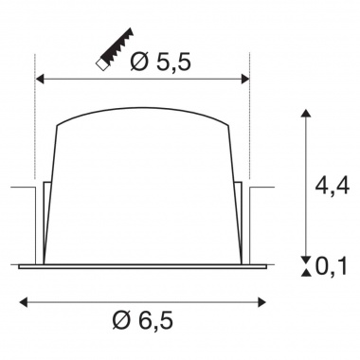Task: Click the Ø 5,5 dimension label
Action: point(160,62)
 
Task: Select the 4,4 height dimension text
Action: point(333,186)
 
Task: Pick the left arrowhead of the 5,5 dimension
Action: point(40,80)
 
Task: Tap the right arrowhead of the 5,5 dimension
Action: point(245,80)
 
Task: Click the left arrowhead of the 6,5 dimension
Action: point(24,302)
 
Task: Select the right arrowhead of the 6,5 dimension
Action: point(261,302)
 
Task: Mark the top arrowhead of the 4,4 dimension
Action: point(305,114)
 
